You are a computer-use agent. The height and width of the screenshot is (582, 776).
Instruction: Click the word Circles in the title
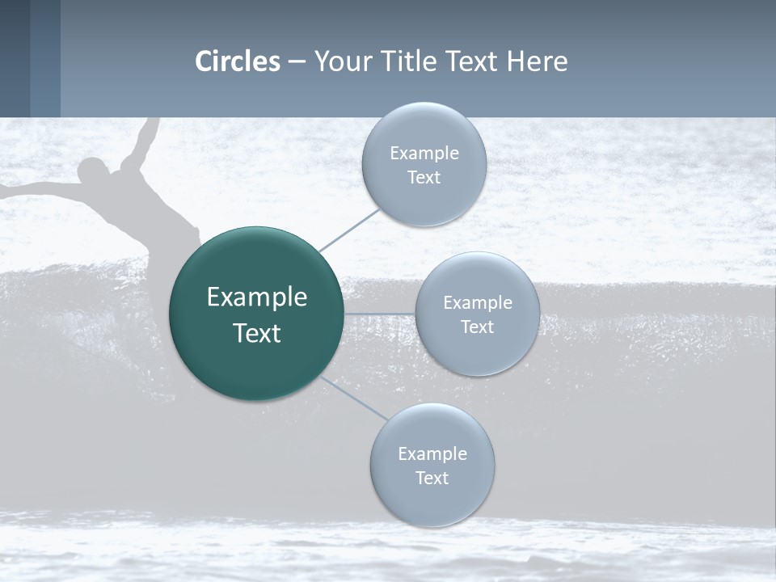pyautogui.click(x=238, y=61)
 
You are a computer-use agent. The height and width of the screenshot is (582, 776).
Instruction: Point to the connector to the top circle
pyautogui.click(x=349, y=230)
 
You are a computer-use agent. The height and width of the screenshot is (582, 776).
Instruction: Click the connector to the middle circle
pyautogui.click(x=379, y=313)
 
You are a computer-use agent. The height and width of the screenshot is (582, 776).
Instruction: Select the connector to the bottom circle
pyautogui.click(x=354, y=398)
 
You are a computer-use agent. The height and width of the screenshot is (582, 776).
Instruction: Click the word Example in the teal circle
pyautogui.click(x=256, y=297)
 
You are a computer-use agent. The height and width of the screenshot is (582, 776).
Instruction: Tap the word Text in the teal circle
pyautogui.click(x=256, y=333)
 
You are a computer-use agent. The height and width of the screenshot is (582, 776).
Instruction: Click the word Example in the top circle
pyautogui.click(x=424, y=154)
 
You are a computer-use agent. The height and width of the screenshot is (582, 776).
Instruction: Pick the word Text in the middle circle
pyautogui.click(x=477, y=327)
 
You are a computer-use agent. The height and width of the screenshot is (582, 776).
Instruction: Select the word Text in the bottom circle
pyautogui.click(x=432, y=479)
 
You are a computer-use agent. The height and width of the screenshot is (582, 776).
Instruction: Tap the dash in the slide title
pyautogui.click(x=296, y=62)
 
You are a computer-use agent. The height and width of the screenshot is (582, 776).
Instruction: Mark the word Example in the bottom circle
pyautogui.click(x=432, y=453)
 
